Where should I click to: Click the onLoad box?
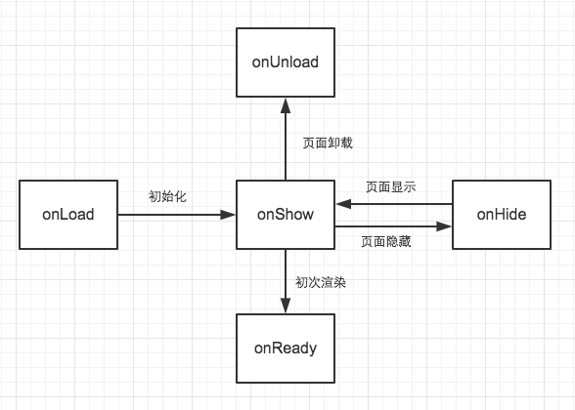(x=67, y=215)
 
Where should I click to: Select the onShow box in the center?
(x=285, y=215)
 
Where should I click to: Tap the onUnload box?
(x=285, y=62)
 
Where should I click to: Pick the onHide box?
(x=502, y=215)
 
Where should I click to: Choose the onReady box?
(x=285, y=347)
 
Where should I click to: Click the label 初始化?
(x=167, y=196)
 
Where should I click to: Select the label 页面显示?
(x=391, y=187)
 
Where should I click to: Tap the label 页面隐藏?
(x=385, y=241)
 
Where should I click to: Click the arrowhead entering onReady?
(x=285, y=307)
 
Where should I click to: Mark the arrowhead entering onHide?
(x=445, y=226)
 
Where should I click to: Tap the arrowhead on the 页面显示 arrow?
(x=341, y=204)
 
